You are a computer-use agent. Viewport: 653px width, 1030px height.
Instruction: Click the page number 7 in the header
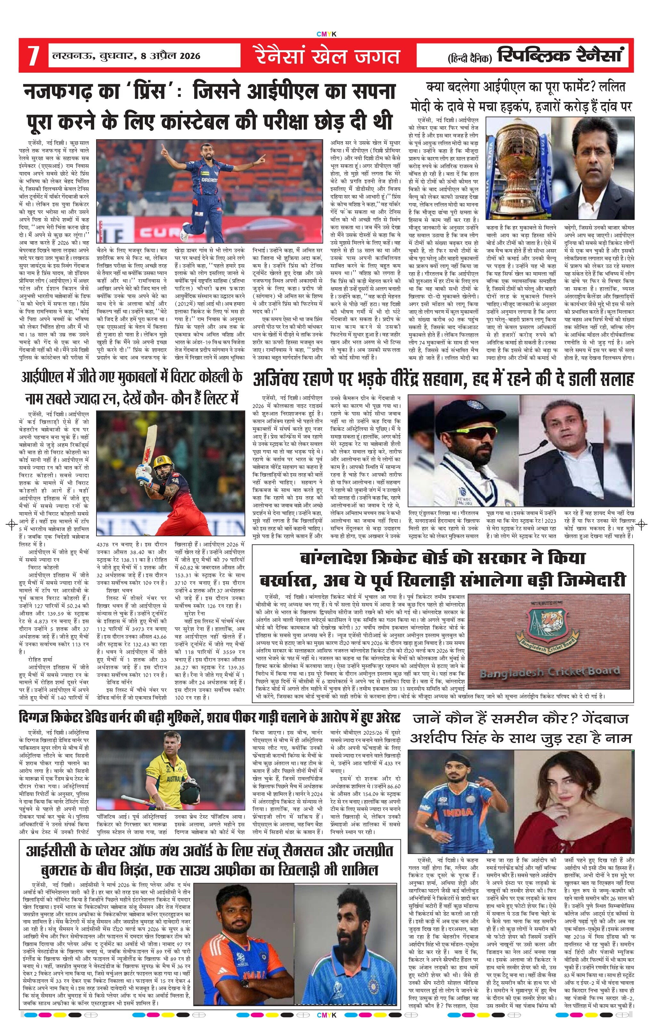tap(33, 56)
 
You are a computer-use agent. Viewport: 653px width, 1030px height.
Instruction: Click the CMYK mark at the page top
tap(326, 34)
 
